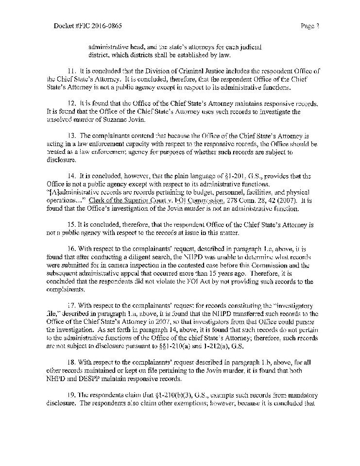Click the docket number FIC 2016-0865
(x=78, y=25)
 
